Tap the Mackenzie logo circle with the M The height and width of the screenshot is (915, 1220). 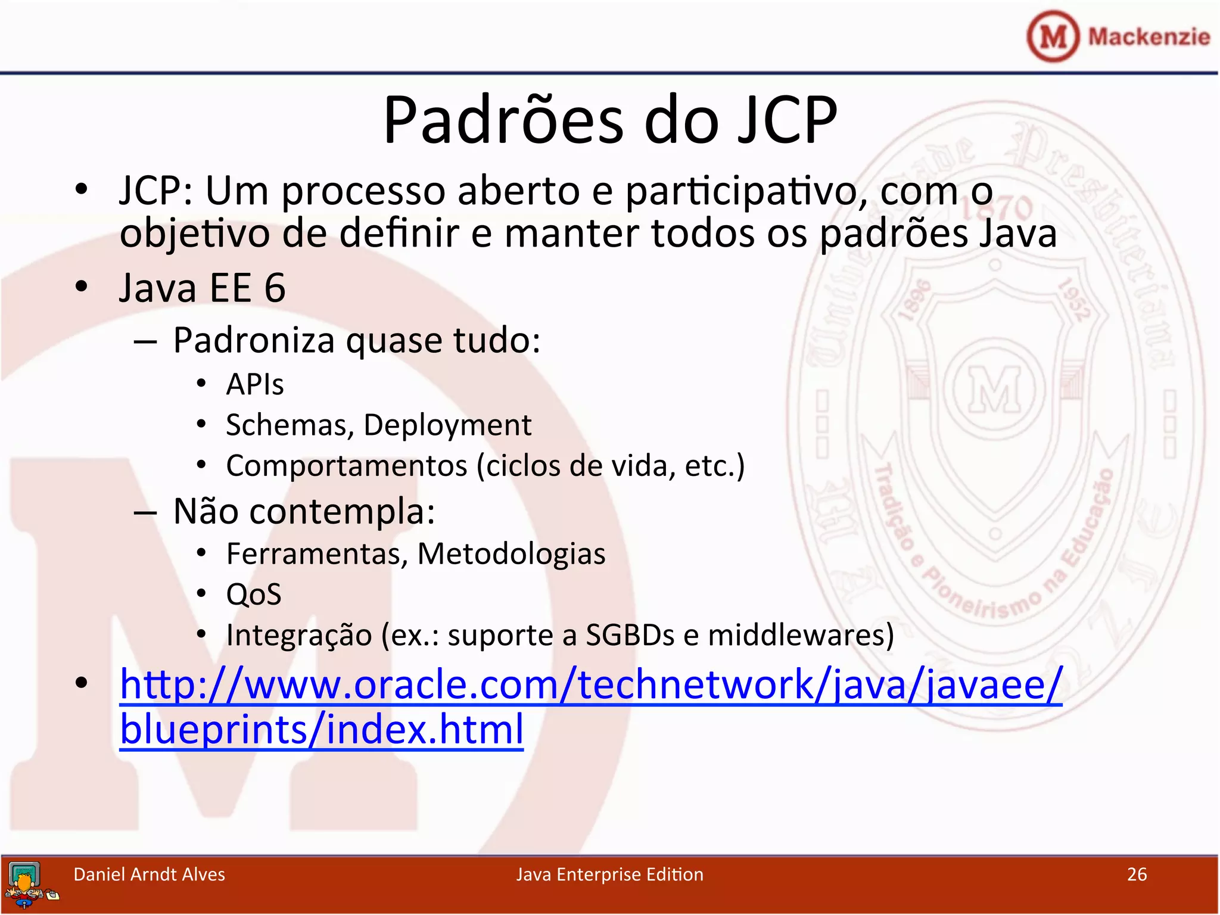1053,36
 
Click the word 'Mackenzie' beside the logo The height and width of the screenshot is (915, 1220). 1149,37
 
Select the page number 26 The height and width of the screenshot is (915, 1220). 1137,874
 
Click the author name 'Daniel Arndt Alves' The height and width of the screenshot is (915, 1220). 149,874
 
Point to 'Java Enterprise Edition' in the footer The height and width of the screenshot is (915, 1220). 609,874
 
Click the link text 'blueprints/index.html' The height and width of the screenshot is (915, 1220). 322,729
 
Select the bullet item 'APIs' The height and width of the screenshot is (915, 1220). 255,384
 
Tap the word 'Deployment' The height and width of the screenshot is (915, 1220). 447,425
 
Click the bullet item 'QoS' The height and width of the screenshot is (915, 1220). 254,595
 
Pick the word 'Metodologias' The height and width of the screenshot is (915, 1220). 511,554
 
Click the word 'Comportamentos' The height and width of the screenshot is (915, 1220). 347,466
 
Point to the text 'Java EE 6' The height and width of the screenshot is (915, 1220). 203,288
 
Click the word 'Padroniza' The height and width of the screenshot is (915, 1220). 254,341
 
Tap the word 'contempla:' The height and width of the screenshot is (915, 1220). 342,512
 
